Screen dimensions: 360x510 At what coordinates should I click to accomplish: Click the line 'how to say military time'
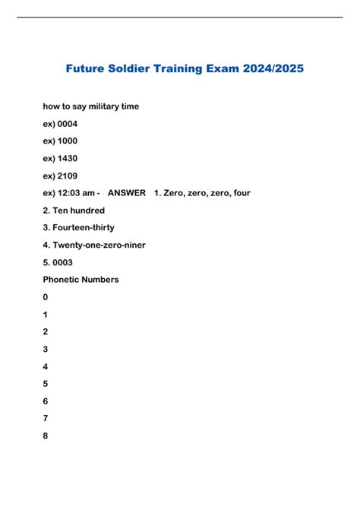coord(91,106)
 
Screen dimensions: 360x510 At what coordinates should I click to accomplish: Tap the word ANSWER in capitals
coord(127,193)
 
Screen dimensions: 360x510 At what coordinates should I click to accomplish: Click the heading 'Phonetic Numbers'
coord(81,280)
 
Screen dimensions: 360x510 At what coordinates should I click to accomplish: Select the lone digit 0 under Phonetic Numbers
coord(46,297)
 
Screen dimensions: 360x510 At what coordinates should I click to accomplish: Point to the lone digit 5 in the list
coord(46,384)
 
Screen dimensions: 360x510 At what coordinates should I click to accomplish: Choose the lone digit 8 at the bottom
coord(46,436)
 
